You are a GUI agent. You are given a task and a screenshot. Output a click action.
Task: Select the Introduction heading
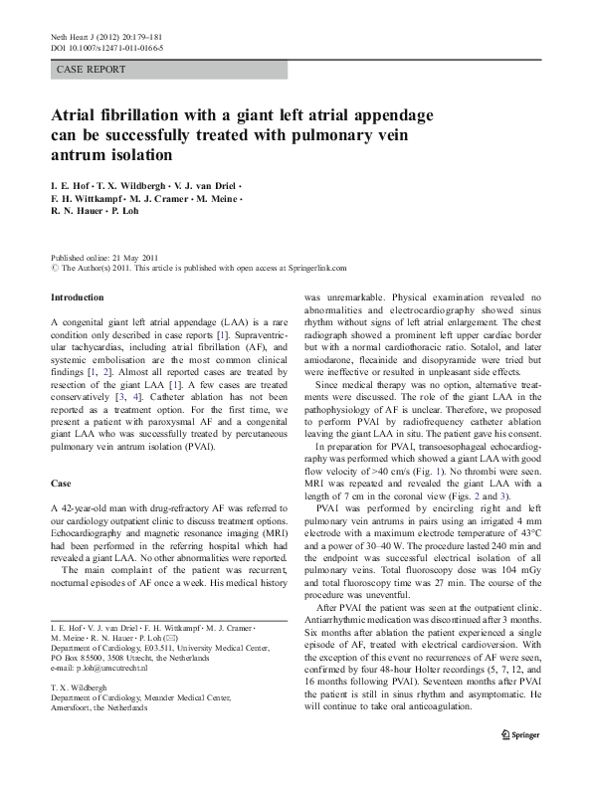point(77,297)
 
